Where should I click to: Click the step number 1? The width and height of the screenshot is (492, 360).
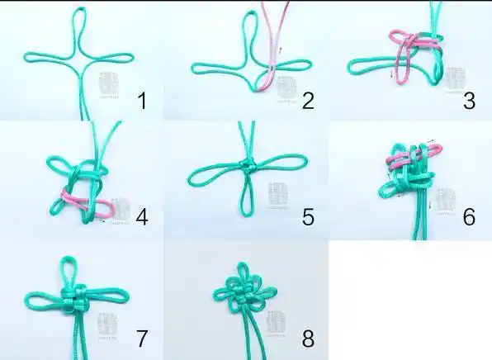click(141, 102)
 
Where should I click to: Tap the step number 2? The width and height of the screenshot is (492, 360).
click(307, 102)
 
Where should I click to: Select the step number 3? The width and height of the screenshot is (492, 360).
click(469, 102)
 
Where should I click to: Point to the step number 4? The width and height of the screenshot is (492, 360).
click(141, 218)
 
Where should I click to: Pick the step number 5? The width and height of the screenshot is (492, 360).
click(308, 218)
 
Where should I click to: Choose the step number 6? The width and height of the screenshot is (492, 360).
click(469, 218)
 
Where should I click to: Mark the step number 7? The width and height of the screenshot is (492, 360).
click(141, 338)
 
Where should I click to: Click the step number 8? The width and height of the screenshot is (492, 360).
click(308, 338)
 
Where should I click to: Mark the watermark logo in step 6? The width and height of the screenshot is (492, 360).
click(445, 201)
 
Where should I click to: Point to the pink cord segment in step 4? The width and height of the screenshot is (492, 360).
click(80, 199)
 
